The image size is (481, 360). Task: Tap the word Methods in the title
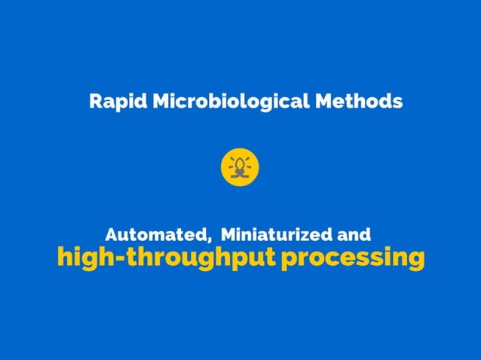tap(358, 101)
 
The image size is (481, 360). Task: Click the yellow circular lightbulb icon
tap(240, 166)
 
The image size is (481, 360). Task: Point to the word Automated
tap(154, 233)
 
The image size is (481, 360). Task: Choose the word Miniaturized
tap(274, 233)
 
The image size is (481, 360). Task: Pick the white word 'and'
tap(354, 233)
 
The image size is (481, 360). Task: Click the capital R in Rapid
tap(95, 101)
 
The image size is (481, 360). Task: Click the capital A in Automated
tap(112, 233)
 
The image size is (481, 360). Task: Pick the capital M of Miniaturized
tap(228, 233)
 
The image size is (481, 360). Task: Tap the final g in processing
tap(415, 261)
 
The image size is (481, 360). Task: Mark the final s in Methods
tap(398, 102)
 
